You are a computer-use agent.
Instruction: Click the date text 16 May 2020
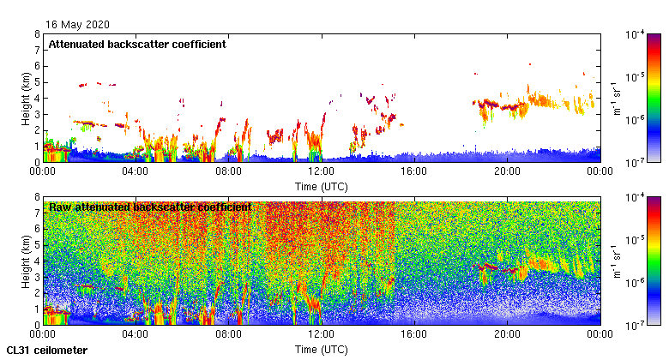click(x=78, y=25)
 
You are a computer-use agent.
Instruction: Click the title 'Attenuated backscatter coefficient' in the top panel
click(x=137, y=45)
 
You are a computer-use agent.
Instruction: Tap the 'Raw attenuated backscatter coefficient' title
click(x=150, y=207)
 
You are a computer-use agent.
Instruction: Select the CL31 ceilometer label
click(x=46, y=351)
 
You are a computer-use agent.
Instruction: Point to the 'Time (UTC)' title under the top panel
click(x=321, y=185)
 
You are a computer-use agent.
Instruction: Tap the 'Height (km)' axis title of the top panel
click(x=26, y=98)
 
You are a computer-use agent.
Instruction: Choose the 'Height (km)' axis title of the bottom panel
click(x=26, y=261)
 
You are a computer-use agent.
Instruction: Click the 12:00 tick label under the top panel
click(x=321, y=171)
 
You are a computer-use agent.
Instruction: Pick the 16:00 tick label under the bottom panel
click(x=414, y=334)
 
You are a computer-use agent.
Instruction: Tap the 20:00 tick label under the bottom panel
click(x=507, y=334)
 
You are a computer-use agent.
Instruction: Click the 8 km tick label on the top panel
click(x=36, y=34)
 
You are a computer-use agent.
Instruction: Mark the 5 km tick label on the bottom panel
click(x=36, y=245)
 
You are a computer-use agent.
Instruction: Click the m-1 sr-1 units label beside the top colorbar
click(x=618, y=98)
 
